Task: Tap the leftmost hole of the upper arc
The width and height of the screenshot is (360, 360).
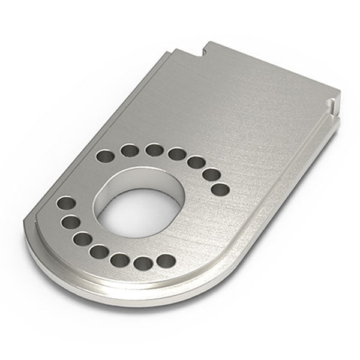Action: click(x=106, y=158)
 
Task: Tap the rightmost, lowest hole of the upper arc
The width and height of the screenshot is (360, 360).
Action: click(x=220, y=189)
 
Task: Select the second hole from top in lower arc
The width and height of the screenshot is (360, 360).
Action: click(x=68, y=223)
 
